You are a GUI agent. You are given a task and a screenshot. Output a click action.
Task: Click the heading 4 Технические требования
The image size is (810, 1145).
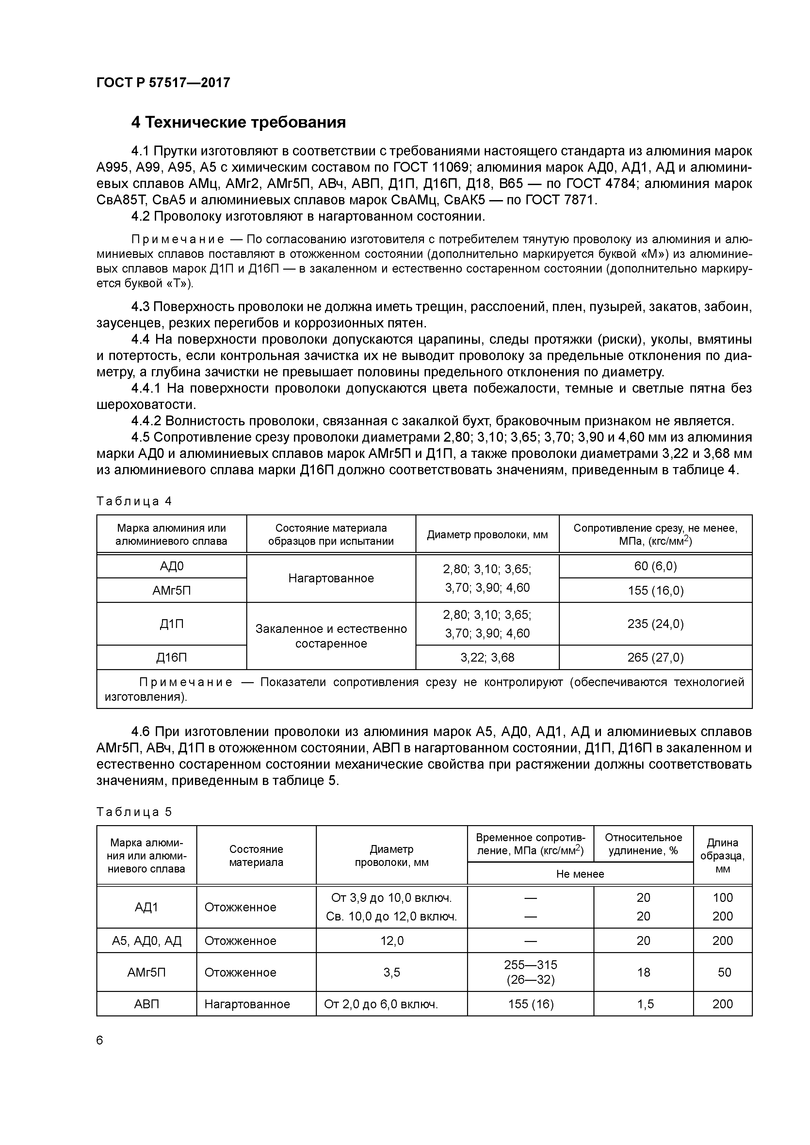pos(238,122)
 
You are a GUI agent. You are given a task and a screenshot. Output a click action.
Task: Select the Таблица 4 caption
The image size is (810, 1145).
pos(134,501)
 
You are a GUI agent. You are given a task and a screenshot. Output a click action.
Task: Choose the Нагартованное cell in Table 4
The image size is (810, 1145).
pos(331,578)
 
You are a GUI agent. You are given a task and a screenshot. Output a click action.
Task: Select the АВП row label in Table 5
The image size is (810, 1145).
pos(146,1004)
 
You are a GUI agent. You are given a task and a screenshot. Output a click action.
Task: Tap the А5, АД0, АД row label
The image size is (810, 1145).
pos(146,941)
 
